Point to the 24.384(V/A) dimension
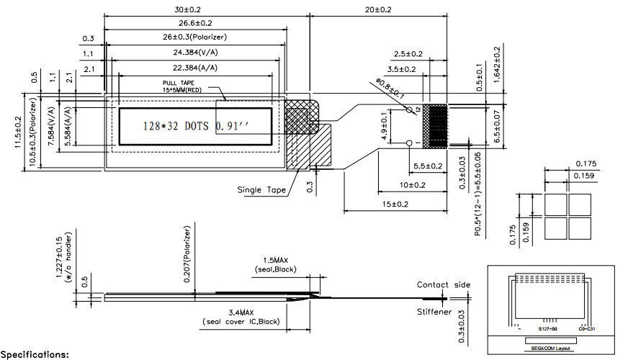coord(195,53)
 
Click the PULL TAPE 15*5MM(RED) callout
coord(189,86)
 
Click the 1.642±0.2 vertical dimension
coord(497,65)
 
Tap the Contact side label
coord(443,285)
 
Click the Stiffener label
coord(434,312)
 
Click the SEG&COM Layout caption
coord(551,348)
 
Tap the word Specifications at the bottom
coord(35,354)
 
